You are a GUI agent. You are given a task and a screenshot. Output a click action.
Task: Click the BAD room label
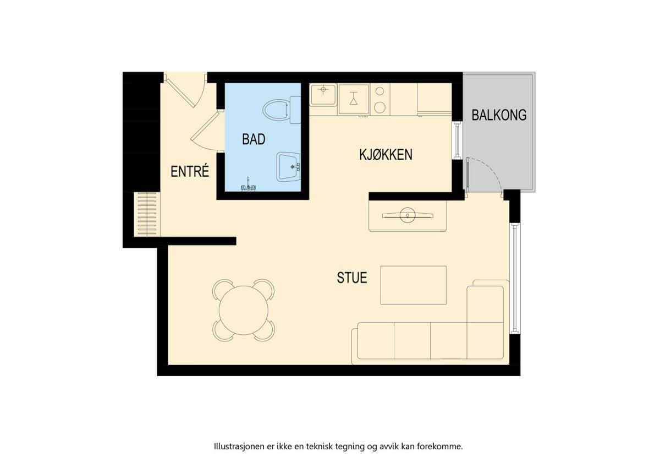[254, 139]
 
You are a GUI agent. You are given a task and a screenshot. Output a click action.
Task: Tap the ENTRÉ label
[190, 171]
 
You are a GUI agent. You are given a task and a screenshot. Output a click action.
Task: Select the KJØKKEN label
[386, 155]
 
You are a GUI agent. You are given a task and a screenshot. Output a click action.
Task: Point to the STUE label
[352, 278]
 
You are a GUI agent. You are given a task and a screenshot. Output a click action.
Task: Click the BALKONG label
[499, 115]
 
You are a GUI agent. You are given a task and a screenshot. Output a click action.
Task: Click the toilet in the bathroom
[282, 110]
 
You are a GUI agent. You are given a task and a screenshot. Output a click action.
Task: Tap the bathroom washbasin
[288, 167]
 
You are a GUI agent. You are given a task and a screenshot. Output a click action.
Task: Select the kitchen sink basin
[323, 94]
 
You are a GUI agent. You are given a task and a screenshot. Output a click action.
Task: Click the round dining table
[244, 311]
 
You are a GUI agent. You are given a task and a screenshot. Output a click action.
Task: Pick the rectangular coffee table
[414, 285]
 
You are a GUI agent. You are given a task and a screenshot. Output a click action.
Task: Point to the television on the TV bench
[408, 215]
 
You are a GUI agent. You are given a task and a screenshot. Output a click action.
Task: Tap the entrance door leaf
[180, 91]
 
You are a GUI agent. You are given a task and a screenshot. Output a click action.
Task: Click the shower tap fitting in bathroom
[248, 186]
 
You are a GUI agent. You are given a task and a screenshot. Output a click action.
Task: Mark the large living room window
[515, 279]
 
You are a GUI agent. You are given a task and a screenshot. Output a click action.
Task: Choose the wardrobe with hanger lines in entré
[147, 214]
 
